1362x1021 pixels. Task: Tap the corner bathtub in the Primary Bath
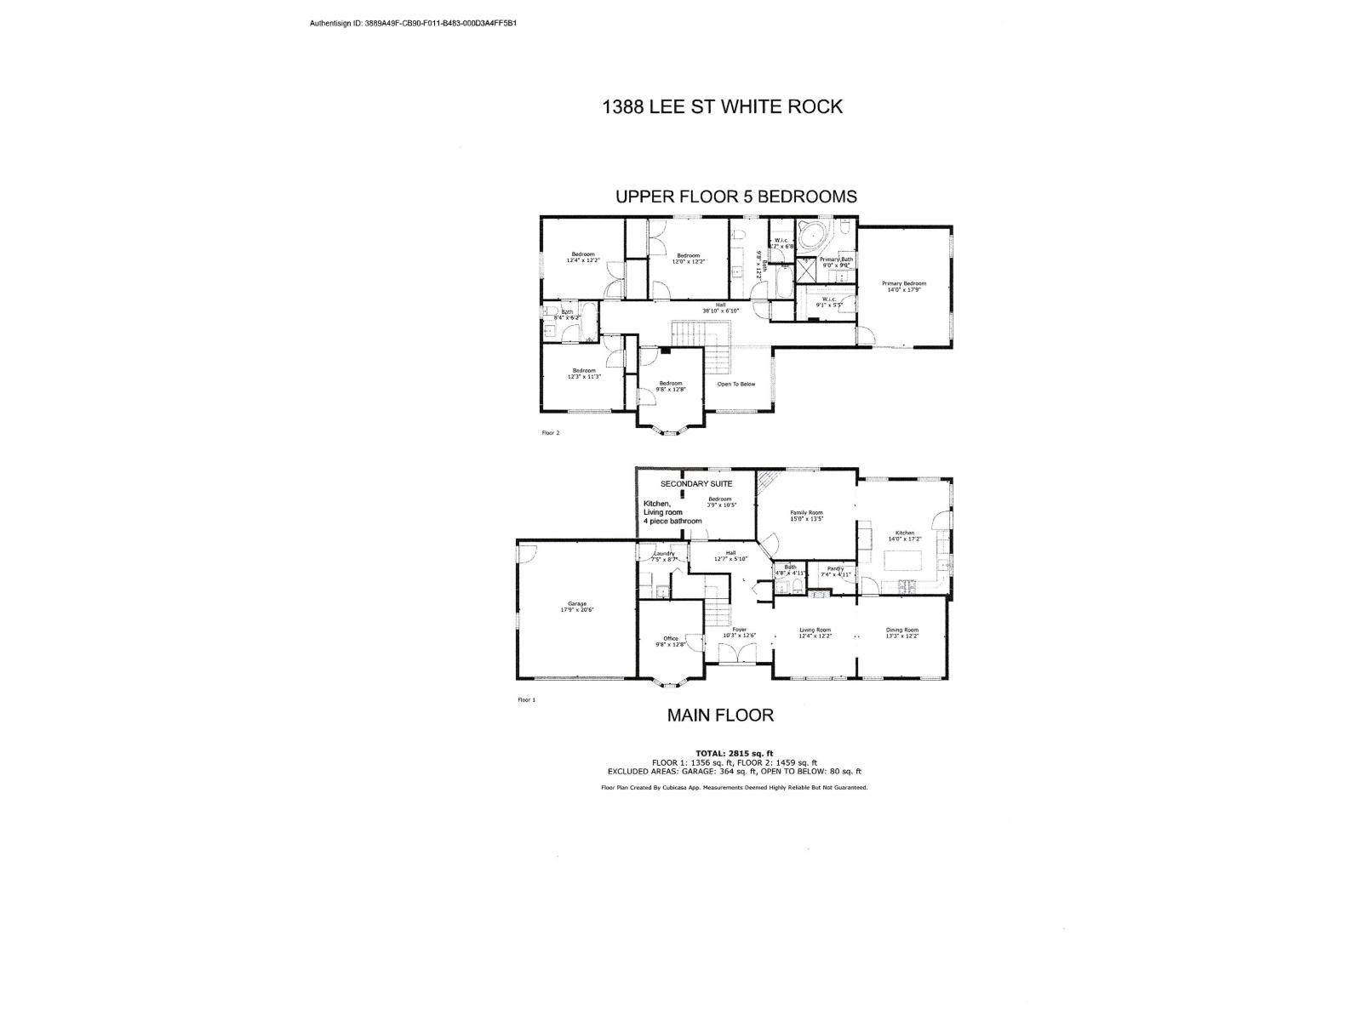(815, 235)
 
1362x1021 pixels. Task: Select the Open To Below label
(735, 384)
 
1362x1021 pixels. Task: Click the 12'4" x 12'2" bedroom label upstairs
(583, 258)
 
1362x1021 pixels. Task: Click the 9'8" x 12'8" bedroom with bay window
(671, 385)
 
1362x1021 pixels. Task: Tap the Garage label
(576, 607)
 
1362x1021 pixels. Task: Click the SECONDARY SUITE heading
(695, 483)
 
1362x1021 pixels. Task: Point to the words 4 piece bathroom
(672, 521)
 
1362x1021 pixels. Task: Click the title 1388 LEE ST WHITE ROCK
(722, 106)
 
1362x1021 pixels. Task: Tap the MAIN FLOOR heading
(720, 715)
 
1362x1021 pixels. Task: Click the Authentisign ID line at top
(413, 23)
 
